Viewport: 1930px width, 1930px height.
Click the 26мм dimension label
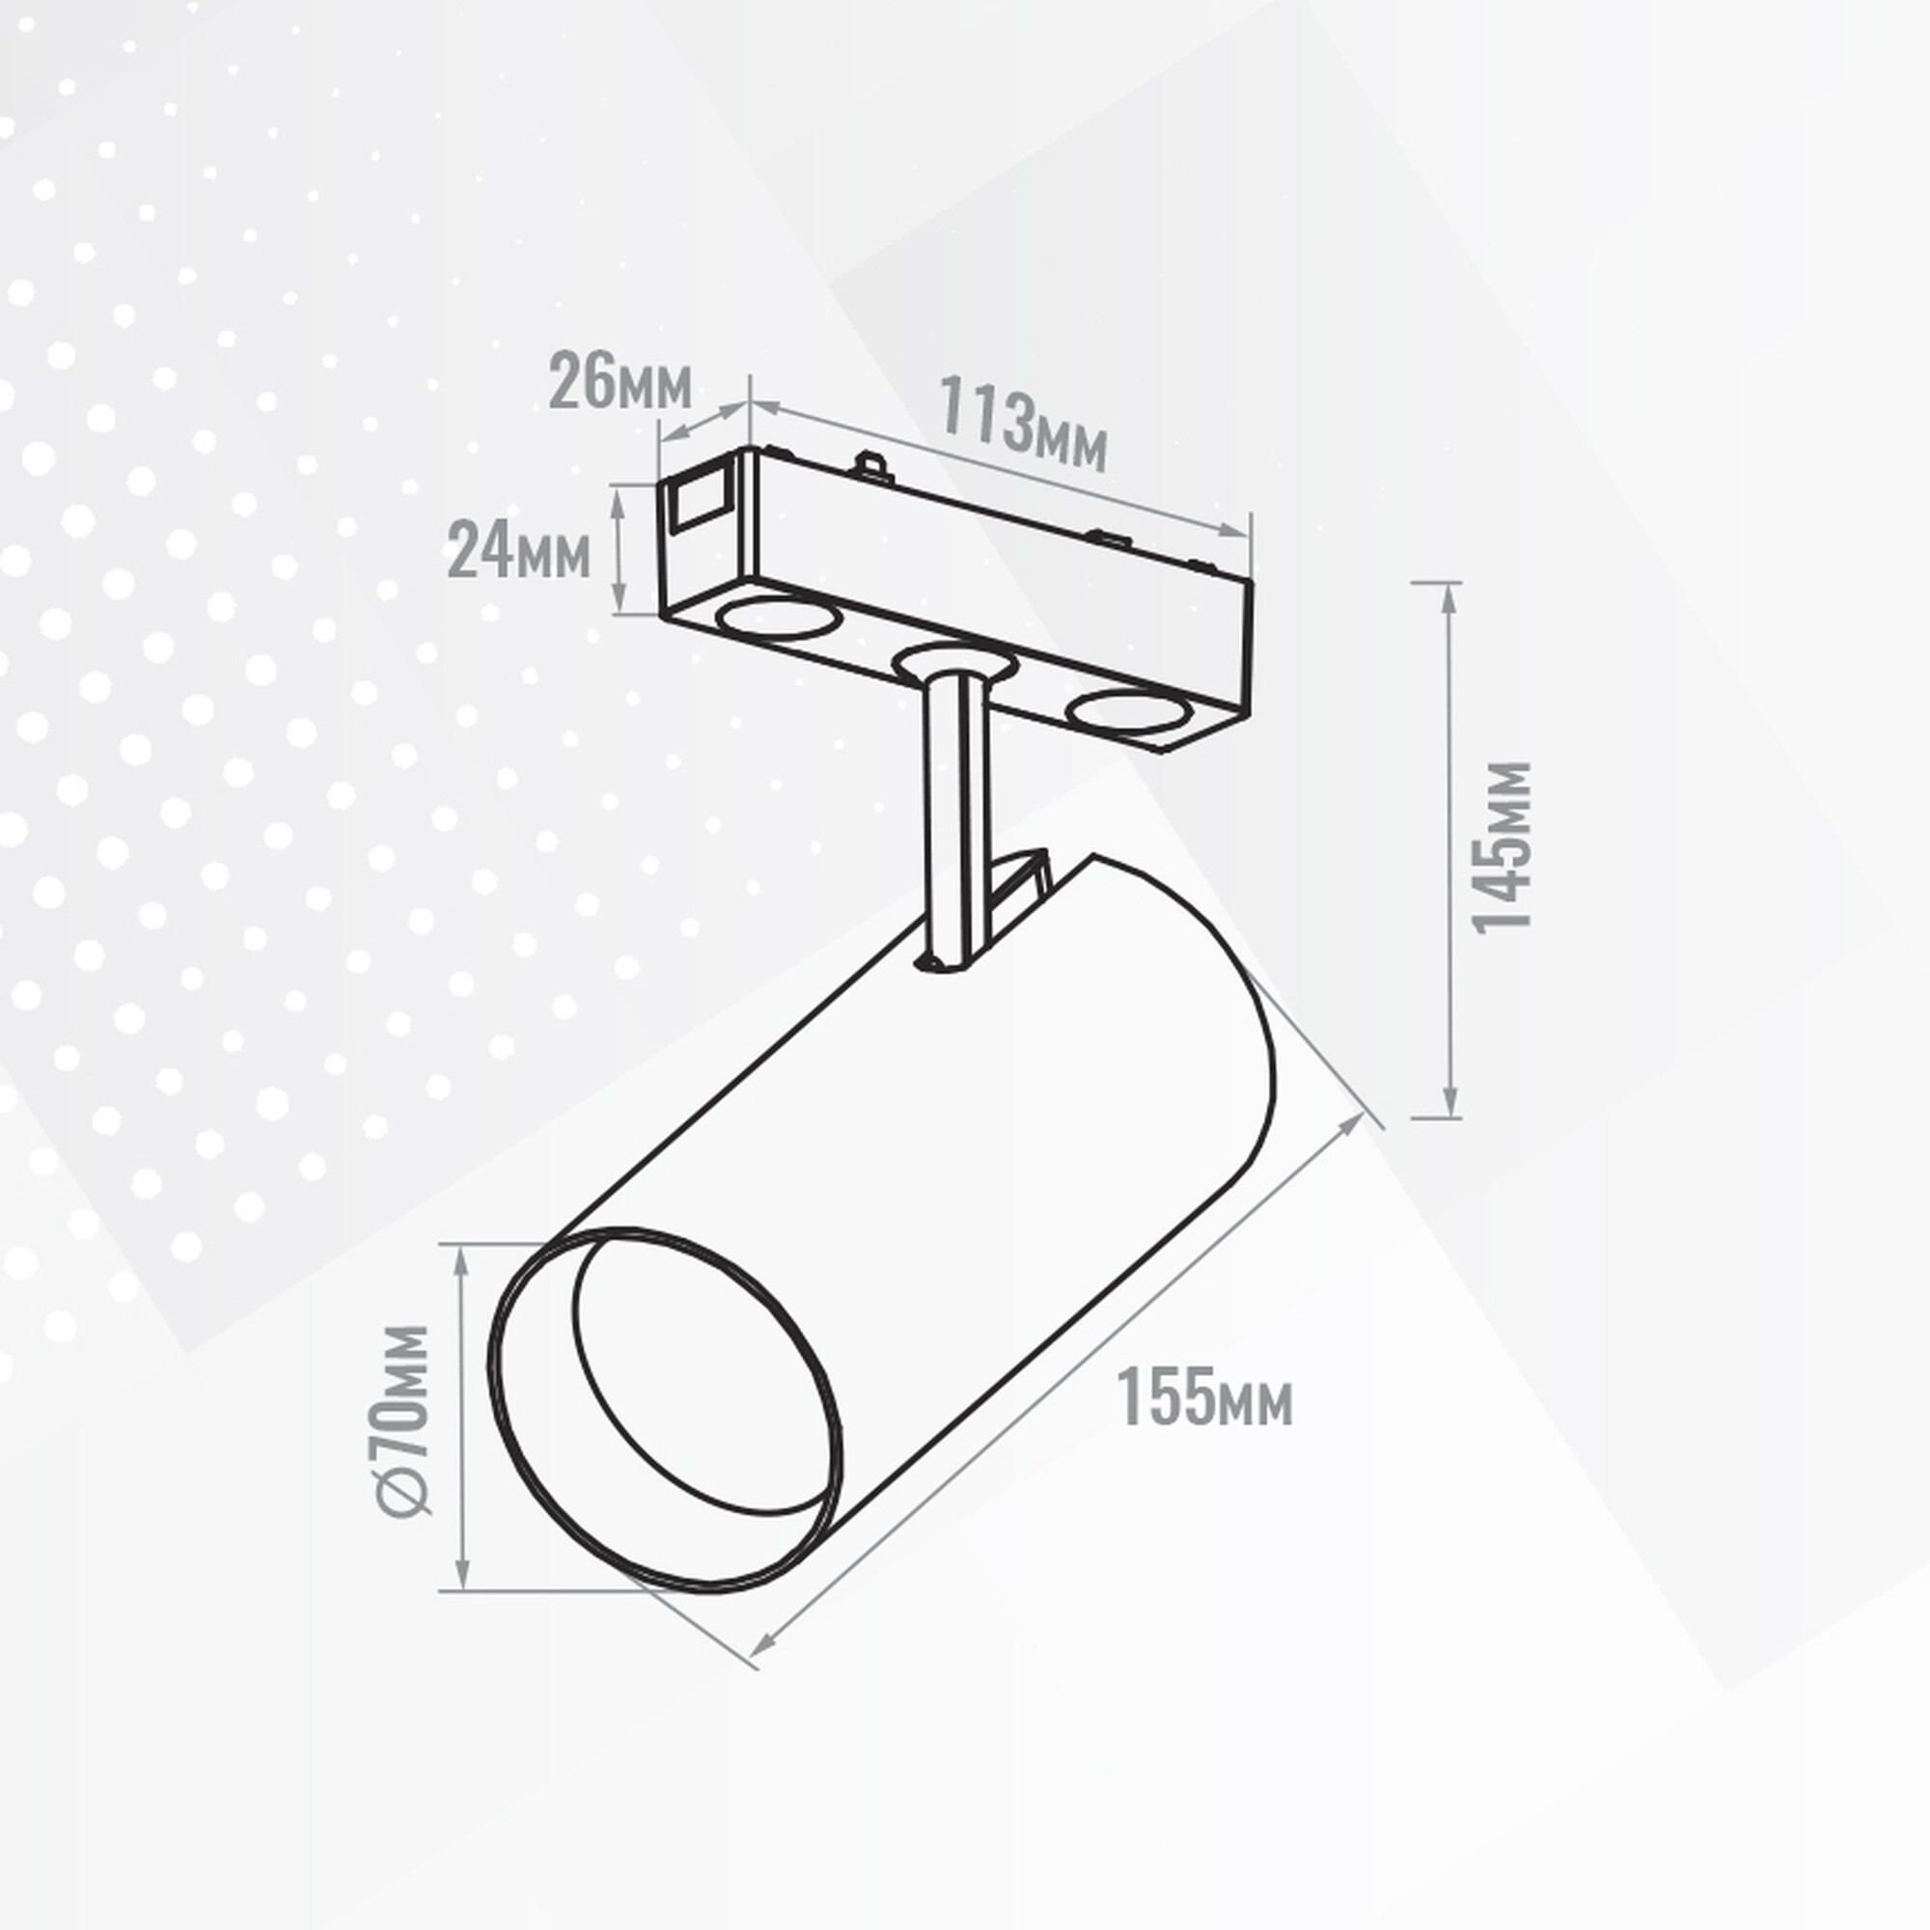tap(620, 380)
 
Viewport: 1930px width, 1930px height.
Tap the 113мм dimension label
tap(1022, 424)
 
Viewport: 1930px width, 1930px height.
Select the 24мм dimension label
tap(517, 550)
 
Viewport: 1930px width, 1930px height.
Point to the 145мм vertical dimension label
tap(1503, 848)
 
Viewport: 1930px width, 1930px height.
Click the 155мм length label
tap(1203, 1397)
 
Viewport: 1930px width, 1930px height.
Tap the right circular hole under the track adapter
tap(1127, 712)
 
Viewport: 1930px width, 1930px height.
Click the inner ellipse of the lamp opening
tap(697, 1379)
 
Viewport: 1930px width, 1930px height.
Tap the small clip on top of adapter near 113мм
tap(873, 464)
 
